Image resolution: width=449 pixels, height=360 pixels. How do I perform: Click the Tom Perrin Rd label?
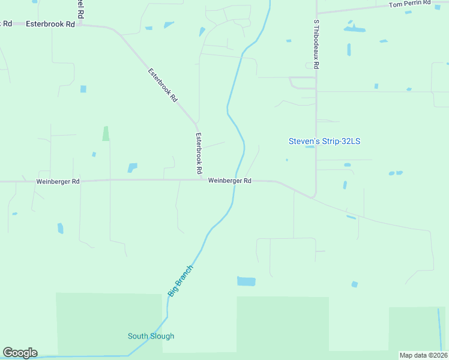(410, 4)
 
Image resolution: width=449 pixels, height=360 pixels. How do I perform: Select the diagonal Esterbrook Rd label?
(163, 84)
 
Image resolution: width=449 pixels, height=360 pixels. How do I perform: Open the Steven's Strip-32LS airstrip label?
(324, 142)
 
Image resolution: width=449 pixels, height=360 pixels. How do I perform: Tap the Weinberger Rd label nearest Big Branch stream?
(229, 181)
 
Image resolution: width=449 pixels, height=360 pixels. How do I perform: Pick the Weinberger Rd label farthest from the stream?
(58, 181)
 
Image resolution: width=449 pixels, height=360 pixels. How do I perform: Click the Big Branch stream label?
(181, 280)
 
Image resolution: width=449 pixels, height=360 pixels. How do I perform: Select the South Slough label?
(151, 336)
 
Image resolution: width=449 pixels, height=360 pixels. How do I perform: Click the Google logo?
(20, 353)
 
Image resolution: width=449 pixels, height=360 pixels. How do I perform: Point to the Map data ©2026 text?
(423, 355)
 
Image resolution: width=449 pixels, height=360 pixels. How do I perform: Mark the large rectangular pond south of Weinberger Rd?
(246, 281)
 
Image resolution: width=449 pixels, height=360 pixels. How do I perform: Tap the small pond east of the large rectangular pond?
(355, 284)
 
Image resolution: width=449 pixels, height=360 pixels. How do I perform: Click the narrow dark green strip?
(106, 133)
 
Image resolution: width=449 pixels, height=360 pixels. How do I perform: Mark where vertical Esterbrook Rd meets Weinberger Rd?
(200, 179)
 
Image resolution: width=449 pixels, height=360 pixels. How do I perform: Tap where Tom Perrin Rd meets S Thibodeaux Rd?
(316, 12)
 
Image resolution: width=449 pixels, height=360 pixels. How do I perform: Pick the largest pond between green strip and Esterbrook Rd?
(132, 167)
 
